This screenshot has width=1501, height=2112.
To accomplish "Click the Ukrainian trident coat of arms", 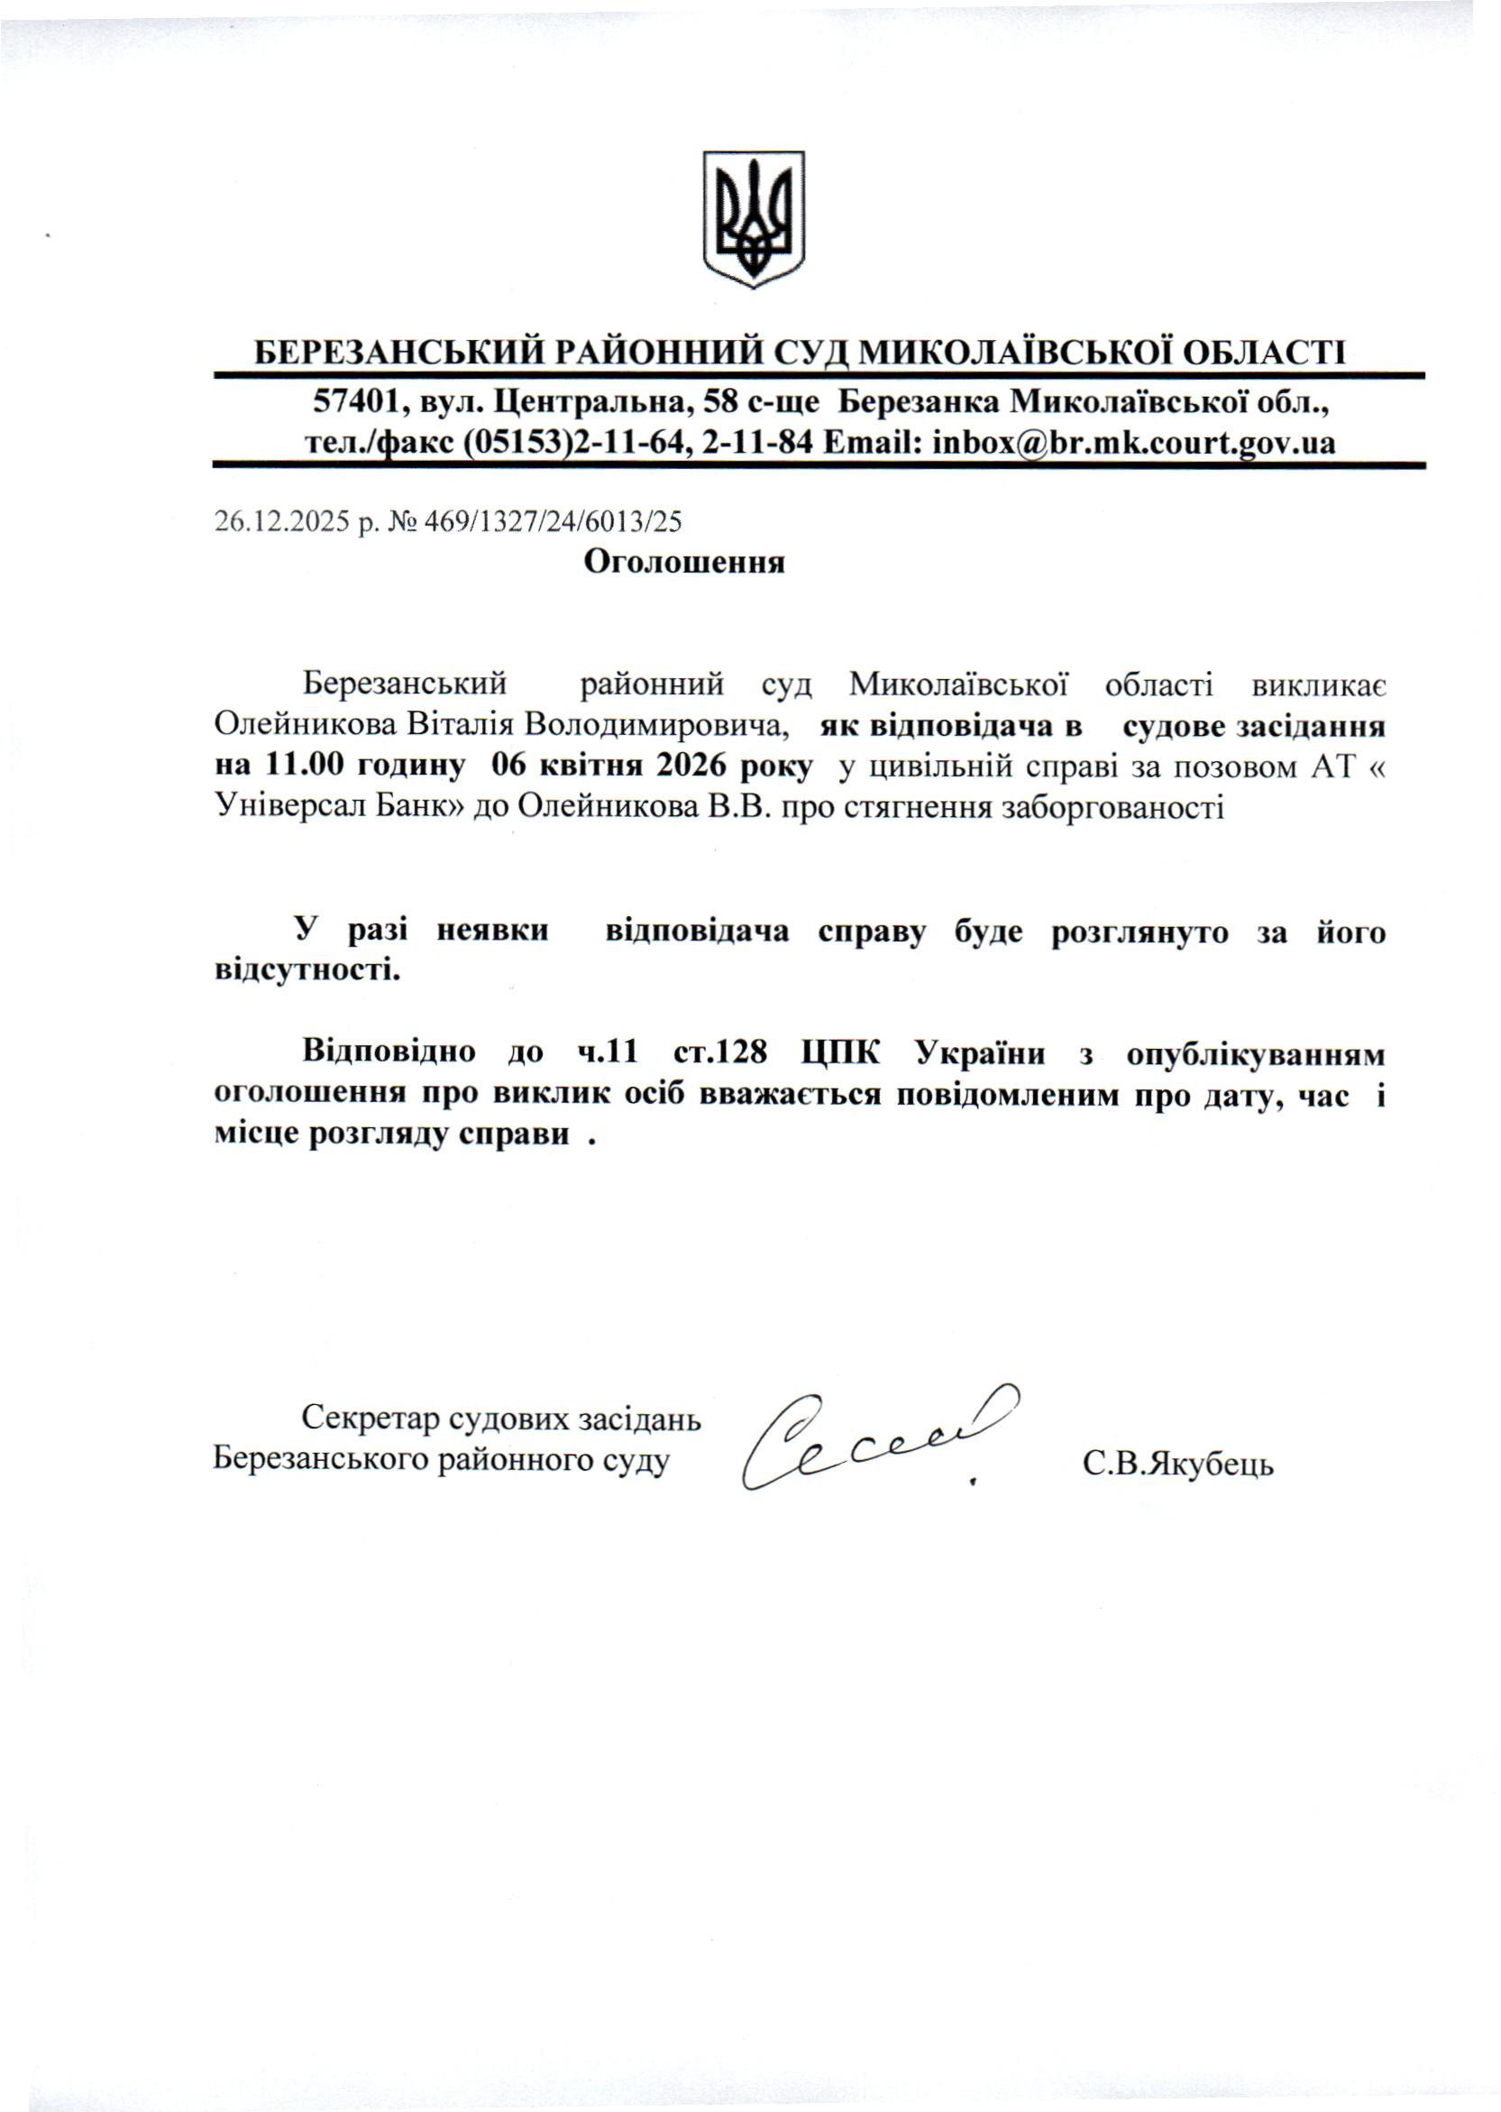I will pos(754,219).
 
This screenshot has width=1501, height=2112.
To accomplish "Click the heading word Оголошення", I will pos(684,562).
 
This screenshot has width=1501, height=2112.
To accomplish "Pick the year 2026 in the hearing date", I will pos(695,767).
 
